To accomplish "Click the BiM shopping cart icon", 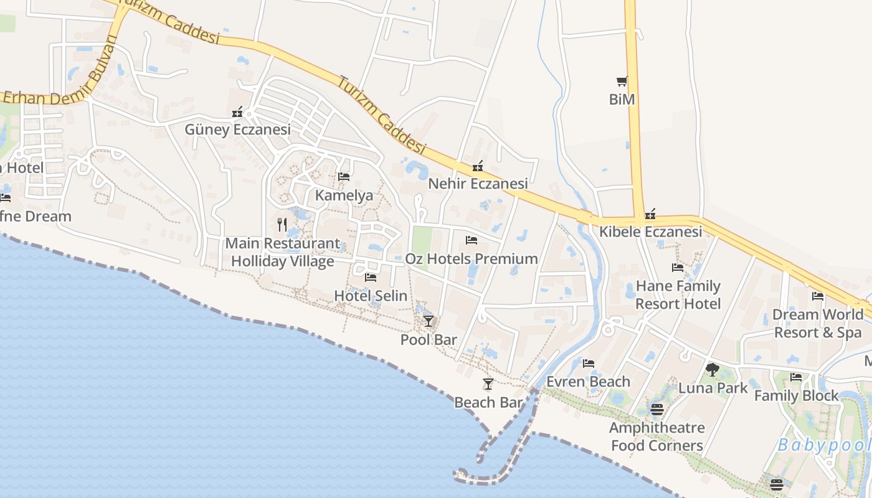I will point(622,81).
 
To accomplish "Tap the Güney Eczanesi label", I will point(237,129).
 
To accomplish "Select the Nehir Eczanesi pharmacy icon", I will point(478,166).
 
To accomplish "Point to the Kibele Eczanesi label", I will point(650,232).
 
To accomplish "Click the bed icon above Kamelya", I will point(343,177).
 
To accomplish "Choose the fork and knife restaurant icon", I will point(282,224).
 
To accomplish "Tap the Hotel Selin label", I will point(371,296).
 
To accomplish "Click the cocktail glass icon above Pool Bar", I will point(429,321).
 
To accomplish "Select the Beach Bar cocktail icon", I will point(488,384).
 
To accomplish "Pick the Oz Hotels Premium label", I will point(472,258).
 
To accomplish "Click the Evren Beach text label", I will point(588,382).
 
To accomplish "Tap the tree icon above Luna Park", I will point(713,370).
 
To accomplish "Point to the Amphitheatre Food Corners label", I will point(657,436).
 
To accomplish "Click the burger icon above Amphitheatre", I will point(657,409).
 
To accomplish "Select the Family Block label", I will point(797,395).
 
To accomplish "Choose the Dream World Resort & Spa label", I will point(817,323).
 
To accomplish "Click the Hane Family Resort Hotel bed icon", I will point(678,268).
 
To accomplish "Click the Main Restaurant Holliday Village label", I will point(283,252).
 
